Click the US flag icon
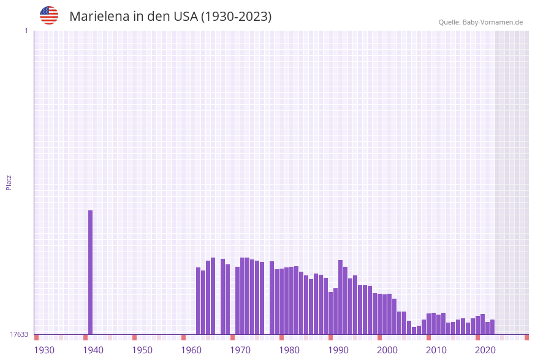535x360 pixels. point(49,15)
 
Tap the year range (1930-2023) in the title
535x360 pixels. point(236,17)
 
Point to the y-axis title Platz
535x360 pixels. point(9,182)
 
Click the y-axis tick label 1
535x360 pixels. point(26,31)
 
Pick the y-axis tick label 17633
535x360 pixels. point(18,334)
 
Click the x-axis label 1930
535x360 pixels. point(44,350)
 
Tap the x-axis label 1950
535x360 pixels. point(142,350)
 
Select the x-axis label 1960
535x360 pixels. point(191,350)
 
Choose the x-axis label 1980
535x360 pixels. point(289,350)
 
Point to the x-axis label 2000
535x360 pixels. point(387,350)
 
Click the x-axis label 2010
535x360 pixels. point(436,350)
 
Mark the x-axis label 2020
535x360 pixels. point(485,350)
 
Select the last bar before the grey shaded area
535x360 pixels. point(493,327)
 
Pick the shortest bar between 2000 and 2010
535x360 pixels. point(414,331)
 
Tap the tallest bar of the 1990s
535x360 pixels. point(341,297)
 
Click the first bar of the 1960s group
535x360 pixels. point(199,301)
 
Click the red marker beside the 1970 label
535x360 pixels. point(233,337)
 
